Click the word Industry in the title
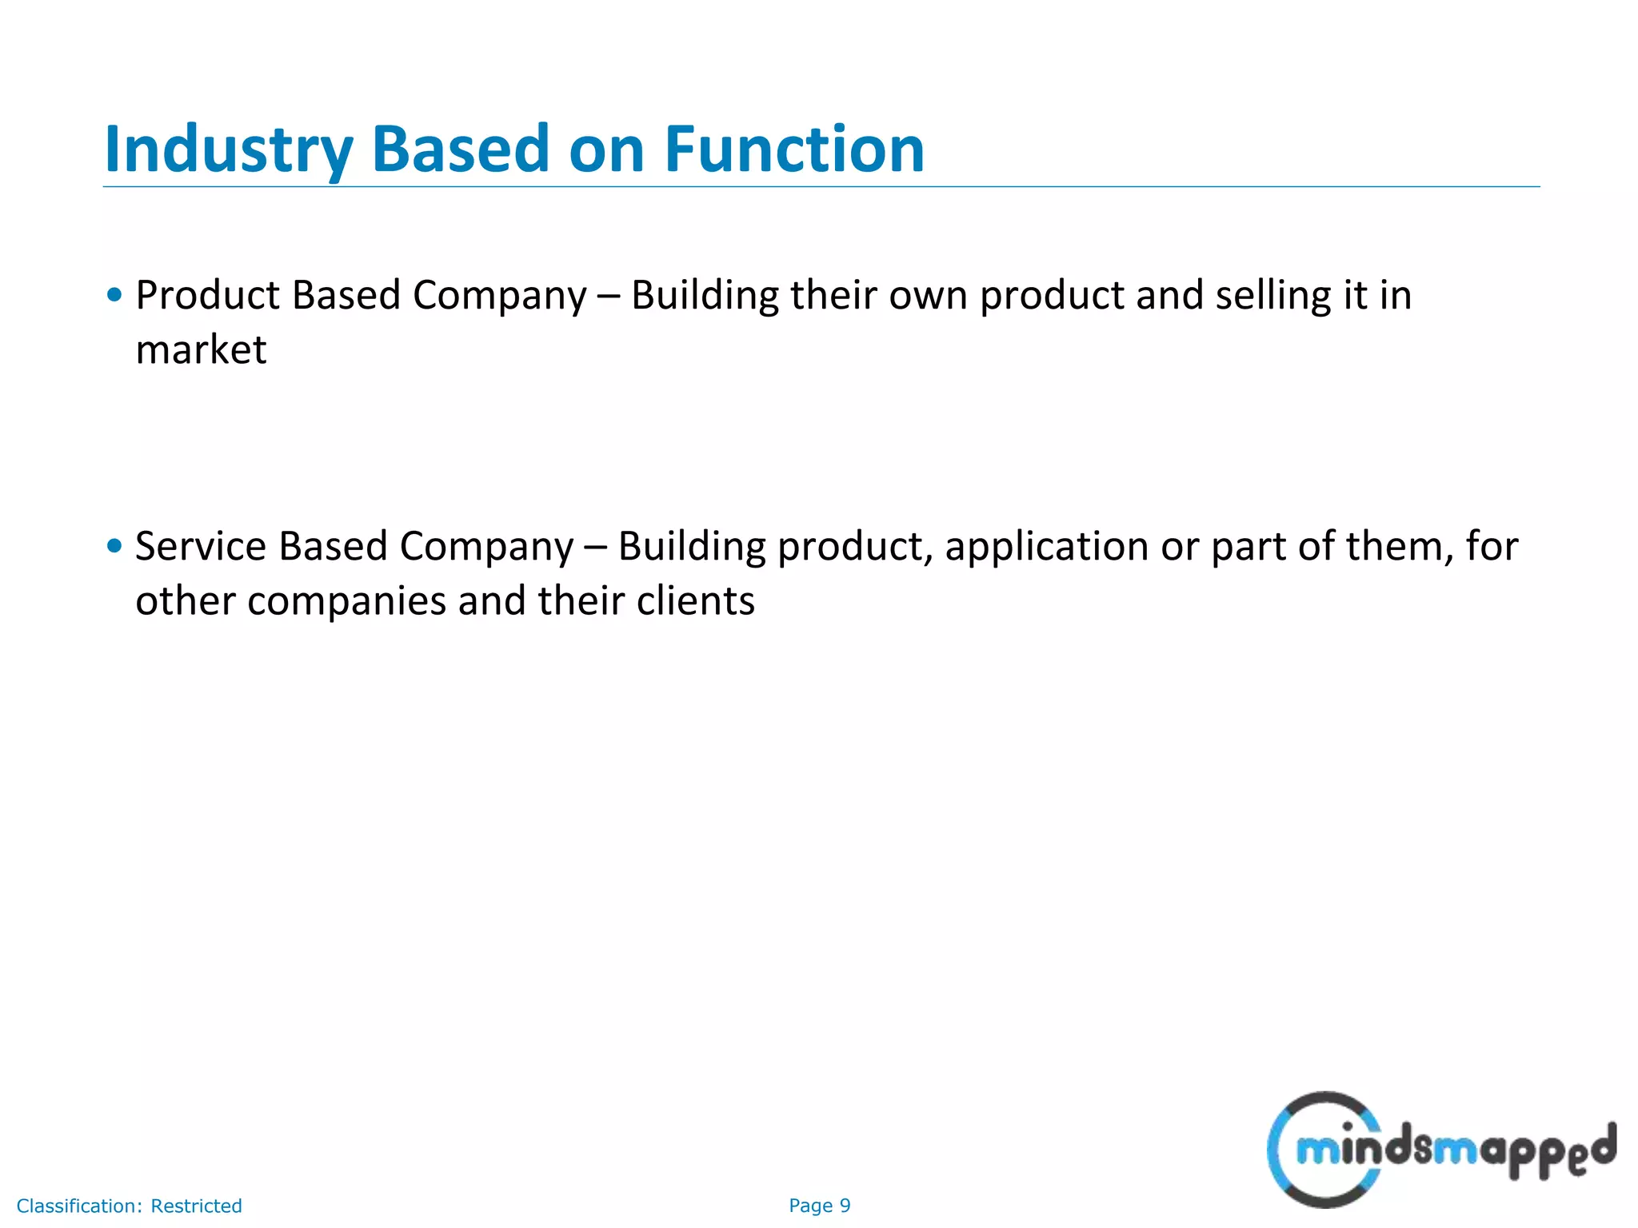click(229, 150)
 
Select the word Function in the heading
click(794, 150)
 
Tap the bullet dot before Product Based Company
click(114, 295)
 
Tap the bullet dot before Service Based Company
click(114, 546)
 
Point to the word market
click(201, 351)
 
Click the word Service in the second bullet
click(200, 547)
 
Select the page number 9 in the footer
click(845, 1206)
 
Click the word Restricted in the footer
click(196, 1206)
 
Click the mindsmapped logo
click(1440, 1150)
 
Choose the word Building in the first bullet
click(705, 296)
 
